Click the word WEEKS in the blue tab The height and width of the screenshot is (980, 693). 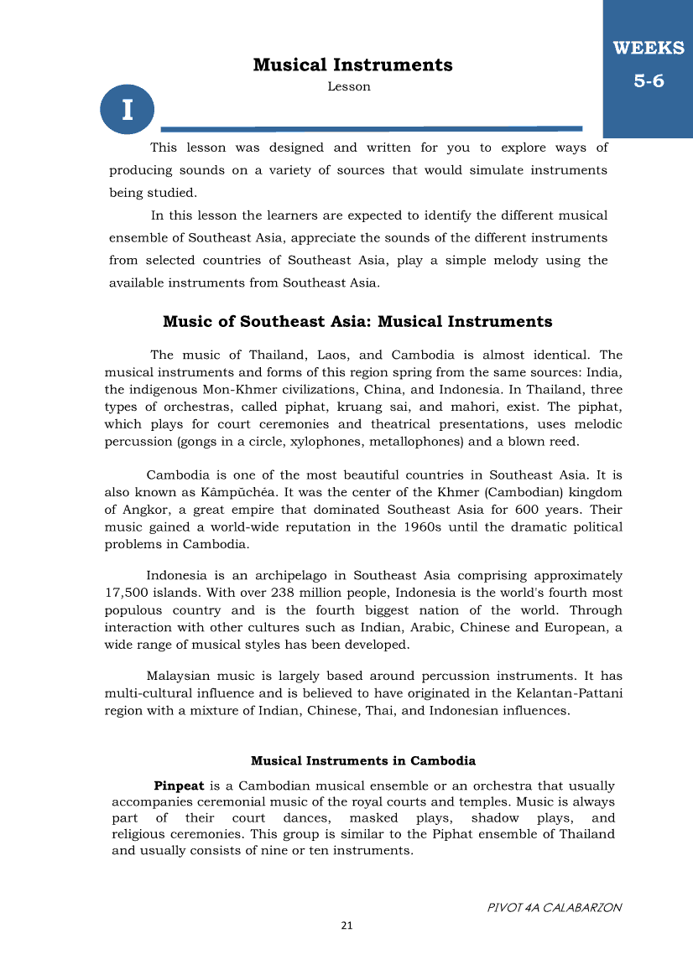tap(649, 48)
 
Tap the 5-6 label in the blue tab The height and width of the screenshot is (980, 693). tap(649, 80)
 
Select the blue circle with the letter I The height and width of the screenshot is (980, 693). tap(128, 109)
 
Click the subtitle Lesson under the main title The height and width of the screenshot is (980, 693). tap(349, 86)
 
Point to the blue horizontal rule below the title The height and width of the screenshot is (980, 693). tap(371, 128)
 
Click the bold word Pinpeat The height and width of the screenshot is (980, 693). tap(179, 786)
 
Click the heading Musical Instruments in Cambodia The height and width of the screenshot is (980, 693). tap(363, 761)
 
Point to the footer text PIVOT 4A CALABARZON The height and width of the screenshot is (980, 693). tap(555, 907)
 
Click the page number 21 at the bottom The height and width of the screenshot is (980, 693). tap(346, 926)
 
